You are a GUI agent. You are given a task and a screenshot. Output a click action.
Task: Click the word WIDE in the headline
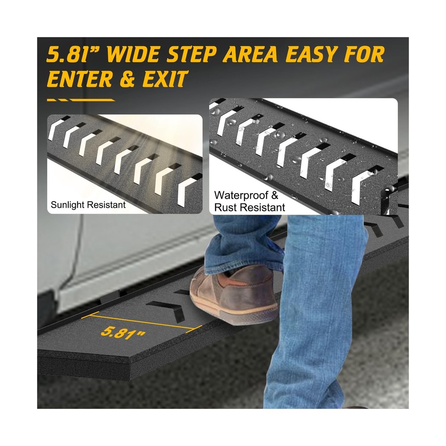pyautogui.click(x=134, y=54)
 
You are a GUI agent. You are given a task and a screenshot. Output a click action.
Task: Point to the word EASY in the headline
pyautogui.click(x=311, y=54)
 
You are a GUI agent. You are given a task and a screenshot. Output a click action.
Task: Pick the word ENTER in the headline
pyautogui.click(x=79, y=78)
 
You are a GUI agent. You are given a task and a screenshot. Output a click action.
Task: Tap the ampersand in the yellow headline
pyautogui.click(x=128, y=79)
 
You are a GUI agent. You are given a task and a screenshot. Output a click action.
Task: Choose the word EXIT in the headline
pyautogui.click(x=165, y=78)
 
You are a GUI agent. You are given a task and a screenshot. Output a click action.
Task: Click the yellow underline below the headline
pyautogui.click(x=81, y=100)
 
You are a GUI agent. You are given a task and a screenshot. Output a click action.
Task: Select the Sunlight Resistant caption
pyautogui.click(x=88, y=205)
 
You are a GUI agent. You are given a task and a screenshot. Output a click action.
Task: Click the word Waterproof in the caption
pyautogui.click(x=241, y=195)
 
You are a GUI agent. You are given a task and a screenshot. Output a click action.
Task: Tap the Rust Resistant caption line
pyautogui.click(x=249, y=207)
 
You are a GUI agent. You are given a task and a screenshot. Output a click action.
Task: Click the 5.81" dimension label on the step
pyautogui.click(x=123, y=332)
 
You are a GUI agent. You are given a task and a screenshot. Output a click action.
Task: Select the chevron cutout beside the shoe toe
pyautogui.click(x=166, y=310)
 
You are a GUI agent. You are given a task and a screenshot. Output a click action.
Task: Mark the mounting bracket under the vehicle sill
pyautogui.click(x=111, y=297)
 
